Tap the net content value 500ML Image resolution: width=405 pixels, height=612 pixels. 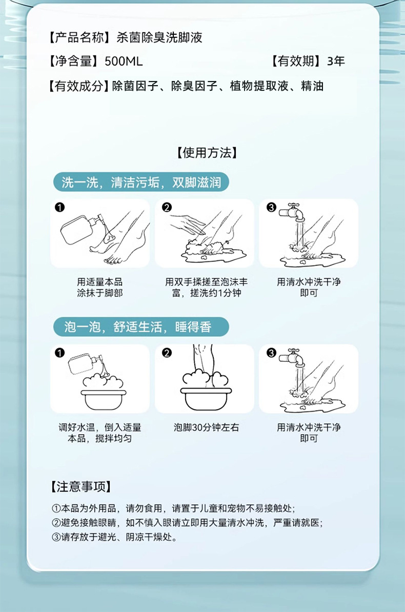click(124, 62)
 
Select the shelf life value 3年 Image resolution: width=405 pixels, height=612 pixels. click(336, 62)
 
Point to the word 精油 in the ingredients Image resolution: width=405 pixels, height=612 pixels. click(312, 86)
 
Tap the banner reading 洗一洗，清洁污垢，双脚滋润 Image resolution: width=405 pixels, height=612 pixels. click(141, 182)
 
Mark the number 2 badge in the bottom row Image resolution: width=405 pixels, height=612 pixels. click(166, 353)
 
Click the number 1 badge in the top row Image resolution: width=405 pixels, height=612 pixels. click(60, 207)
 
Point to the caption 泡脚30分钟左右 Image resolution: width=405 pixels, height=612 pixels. click(206, 427)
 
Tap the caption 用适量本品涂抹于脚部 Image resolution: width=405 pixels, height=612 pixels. click(100, 288)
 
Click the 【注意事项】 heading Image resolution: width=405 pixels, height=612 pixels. click(81, 486)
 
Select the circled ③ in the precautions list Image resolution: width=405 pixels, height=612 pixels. click(56, 537)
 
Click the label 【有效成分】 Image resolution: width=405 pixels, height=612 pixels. click(78, 86)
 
